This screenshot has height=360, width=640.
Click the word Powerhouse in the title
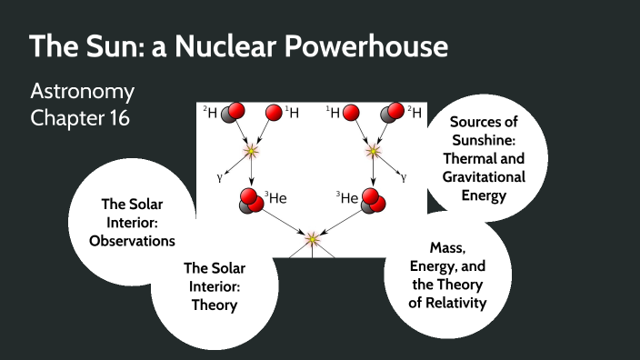pyautogui.click(x=363, y=47)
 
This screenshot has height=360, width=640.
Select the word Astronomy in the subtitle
pyautogui.click(x=82, y=92)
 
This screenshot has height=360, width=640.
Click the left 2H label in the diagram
pyautogui.click(x=210, y=112)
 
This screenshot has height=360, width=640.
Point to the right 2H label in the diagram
pyautogui.click(x=415, y=112)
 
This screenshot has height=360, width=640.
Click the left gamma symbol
pyautogui.click(x=218, y=178)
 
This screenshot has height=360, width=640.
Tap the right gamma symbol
pyautogui.click(x=406, y=178)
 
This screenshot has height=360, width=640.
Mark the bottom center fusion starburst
pyautogui.click(x=312, y=238)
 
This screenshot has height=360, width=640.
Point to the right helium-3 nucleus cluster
pyautogui.click(x=373, y=201)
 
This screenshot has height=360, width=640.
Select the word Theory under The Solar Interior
pyautogui.click(x=215, y=305)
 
